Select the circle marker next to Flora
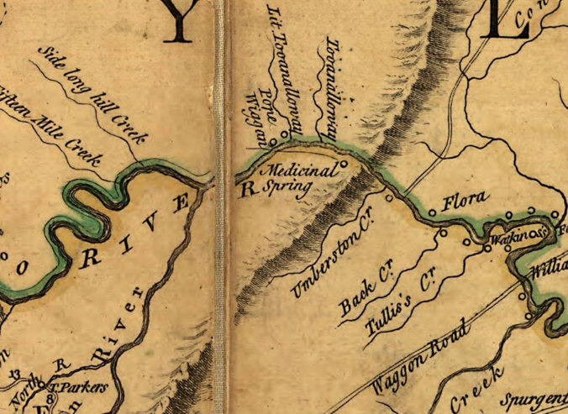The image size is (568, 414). (x=432, y=212)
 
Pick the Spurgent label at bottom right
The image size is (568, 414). (x=538, y=396)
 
